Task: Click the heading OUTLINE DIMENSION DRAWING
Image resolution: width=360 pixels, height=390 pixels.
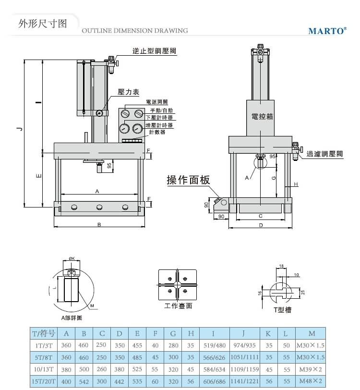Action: tap(135, 31)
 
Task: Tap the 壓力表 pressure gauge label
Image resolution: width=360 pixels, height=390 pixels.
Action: tap(128, 91)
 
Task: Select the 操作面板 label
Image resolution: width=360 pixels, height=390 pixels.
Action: tap(188, 180)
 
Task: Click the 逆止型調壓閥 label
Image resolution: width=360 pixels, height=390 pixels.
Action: tap(154, 51)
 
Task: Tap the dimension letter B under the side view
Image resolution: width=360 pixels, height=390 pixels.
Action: tap(99, 225)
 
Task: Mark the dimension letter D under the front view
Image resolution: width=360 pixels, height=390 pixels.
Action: tap(261, 225)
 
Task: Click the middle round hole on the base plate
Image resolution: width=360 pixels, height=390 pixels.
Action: tap(99, 207)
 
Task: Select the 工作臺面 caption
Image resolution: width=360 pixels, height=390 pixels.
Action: tap(178, 305)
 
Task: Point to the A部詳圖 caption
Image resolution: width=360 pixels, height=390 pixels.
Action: tap(72, 317)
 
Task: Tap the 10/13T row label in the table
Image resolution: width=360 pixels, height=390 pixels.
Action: tap(44, 370)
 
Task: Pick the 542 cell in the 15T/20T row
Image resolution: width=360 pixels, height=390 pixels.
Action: tap(84, 381)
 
